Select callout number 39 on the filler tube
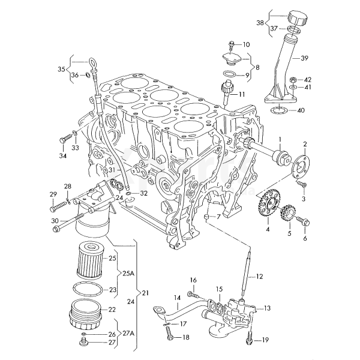click(304, 58)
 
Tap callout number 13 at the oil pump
click(267, 308)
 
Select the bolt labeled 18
click(170, 337)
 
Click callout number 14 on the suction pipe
click(178, 298)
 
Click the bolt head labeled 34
click(62, 140)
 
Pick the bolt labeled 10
click(232, 44)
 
